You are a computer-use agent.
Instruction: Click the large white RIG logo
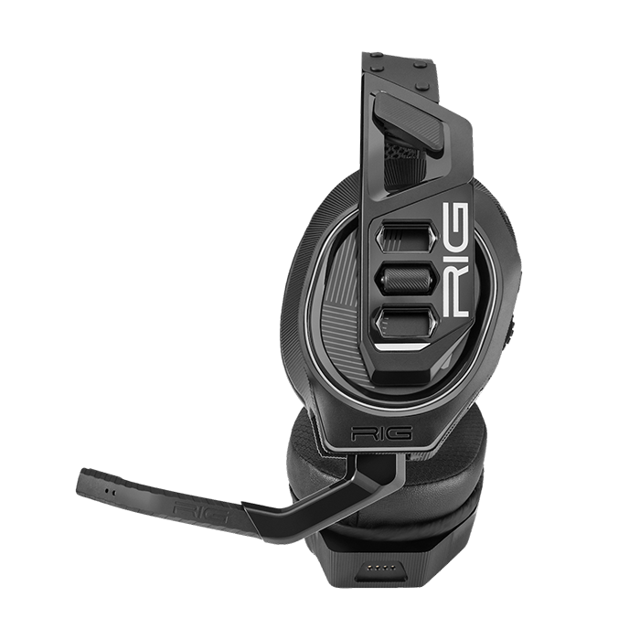coord(456,261)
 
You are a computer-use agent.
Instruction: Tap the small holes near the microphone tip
coord(112,488)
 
